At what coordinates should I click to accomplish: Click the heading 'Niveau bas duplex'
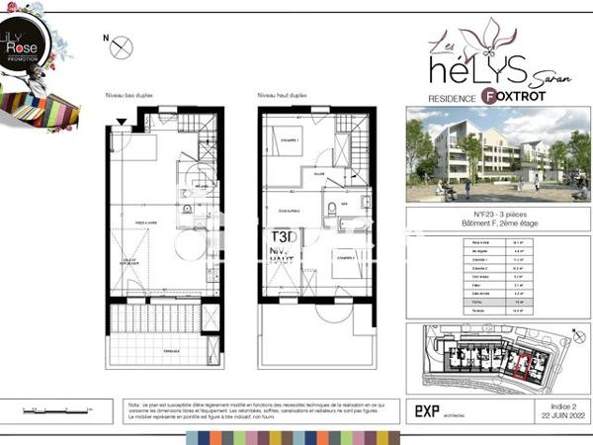click(x=129, y=95)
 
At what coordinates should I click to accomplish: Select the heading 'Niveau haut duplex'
click(x=283, y=95)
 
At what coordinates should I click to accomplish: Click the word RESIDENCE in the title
click(x=452, y=98)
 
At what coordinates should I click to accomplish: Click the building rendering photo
click(x=485, y=153)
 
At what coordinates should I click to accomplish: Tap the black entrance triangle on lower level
click(x=122, y=121)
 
